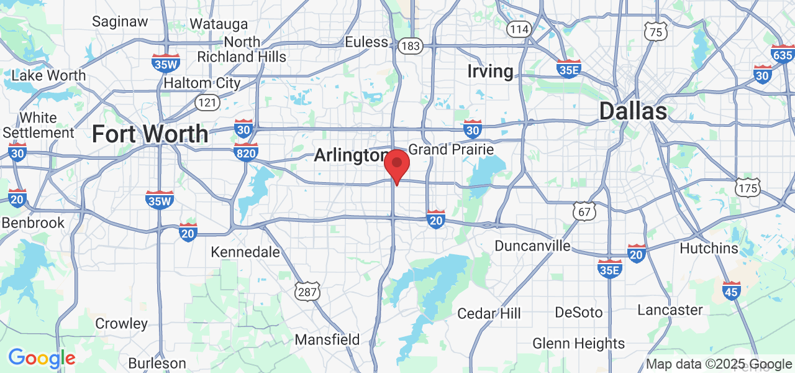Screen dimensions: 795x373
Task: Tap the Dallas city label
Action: click(x=633, y=112)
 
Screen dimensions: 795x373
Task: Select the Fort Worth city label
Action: click(x=150, y=134)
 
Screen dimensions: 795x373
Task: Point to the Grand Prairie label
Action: click(x=451, y=150)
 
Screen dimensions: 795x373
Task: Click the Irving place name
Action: click(x=490, y=71)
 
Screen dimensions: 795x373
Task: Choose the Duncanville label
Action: click(x=532, y=246)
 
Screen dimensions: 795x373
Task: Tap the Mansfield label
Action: click(x=327, y=339)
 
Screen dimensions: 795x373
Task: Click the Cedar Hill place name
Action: click(x=489, y=313)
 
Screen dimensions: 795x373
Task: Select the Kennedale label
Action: click(x=245, y=252)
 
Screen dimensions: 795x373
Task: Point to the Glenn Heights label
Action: click(x=579, y=343)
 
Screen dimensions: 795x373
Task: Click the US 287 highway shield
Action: click(x=307, y=291)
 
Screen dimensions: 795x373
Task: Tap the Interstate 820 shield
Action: click(x=246, y=152)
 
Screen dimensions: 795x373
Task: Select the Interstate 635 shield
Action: click(x=783, y=53)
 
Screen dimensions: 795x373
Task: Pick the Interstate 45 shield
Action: click(x=731, y=290)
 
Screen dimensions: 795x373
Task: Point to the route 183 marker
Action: click(x=411, y=46)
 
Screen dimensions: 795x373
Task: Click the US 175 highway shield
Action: click(x=747, y=188)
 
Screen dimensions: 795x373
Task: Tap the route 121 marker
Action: click(x=206, y=102)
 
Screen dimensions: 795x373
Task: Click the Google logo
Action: click(x=42, y=358)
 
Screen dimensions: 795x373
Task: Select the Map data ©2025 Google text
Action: click(x=719, y=364)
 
